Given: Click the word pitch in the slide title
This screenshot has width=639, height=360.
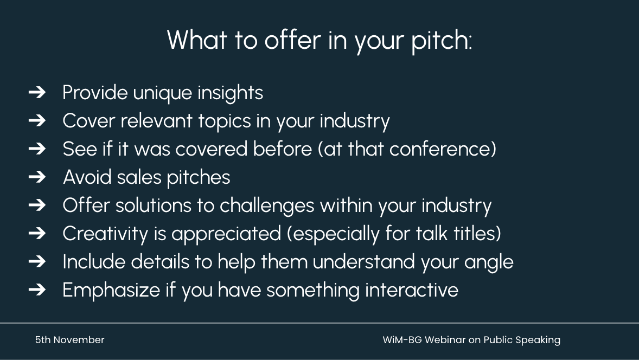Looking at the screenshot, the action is click(442, 40).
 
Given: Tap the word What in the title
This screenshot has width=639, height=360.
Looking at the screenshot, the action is click(197, 40).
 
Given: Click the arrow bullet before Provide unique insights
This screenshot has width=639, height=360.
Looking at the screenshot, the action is click(37, 93).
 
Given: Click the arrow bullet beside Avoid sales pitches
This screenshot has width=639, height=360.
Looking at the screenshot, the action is click(37, 177).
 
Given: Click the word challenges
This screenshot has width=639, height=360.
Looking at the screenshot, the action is click(267, 206).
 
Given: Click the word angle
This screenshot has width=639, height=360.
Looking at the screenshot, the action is click(489, 262).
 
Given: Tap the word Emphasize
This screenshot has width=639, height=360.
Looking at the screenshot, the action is click(111, 291).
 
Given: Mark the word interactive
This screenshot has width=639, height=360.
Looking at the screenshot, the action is click(412, 290).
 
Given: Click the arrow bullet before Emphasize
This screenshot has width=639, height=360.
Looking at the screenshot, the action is click(37, 290).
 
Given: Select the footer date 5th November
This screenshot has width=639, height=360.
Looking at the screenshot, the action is click(69, 340).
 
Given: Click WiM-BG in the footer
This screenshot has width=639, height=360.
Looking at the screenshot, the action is click(402, 340).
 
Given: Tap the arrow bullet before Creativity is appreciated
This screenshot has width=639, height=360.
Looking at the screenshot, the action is click(37, 233).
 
